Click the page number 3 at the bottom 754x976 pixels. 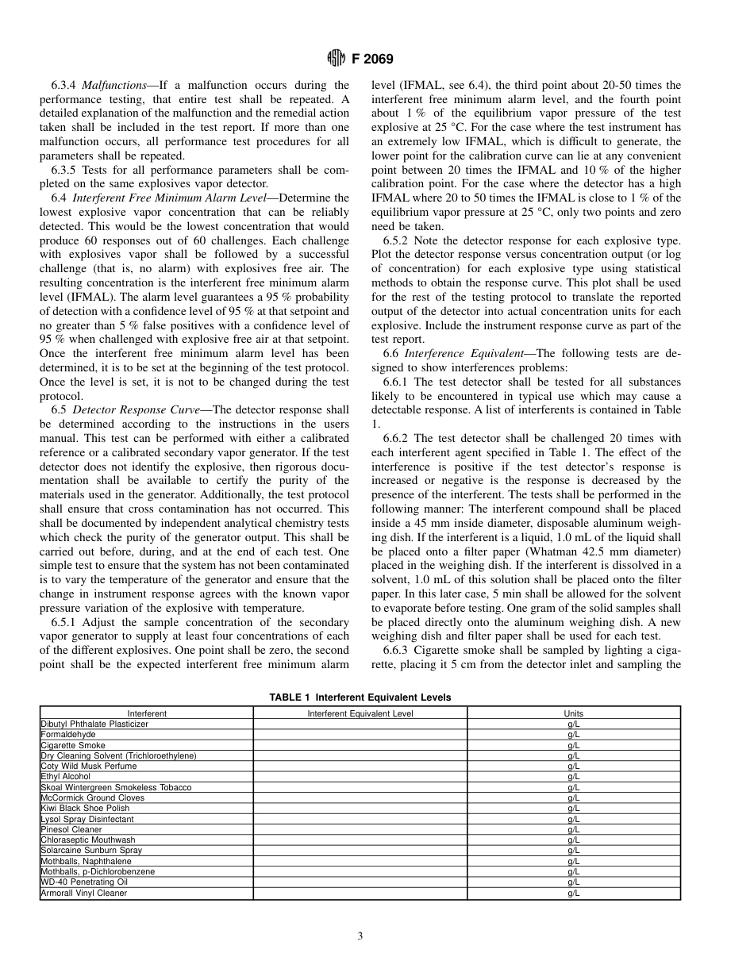(360, 936)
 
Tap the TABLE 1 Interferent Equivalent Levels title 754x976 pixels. (360, 697)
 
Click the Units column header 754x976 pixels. (573, 713)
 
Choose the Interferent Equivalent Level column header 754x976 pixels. (360, 713)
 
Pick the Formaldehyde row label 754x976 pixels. (68, 735)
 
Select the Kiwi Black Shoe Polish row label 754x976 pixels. (85, 808)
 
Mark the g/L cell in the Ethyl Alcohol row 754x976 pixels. (573, 777)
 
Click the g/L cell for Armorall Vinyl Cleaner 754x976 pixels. (573, 893)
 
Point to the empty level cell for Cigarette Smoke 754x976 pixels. (360, 745)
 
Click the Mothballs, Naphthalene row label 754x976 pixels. (86, 861)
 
